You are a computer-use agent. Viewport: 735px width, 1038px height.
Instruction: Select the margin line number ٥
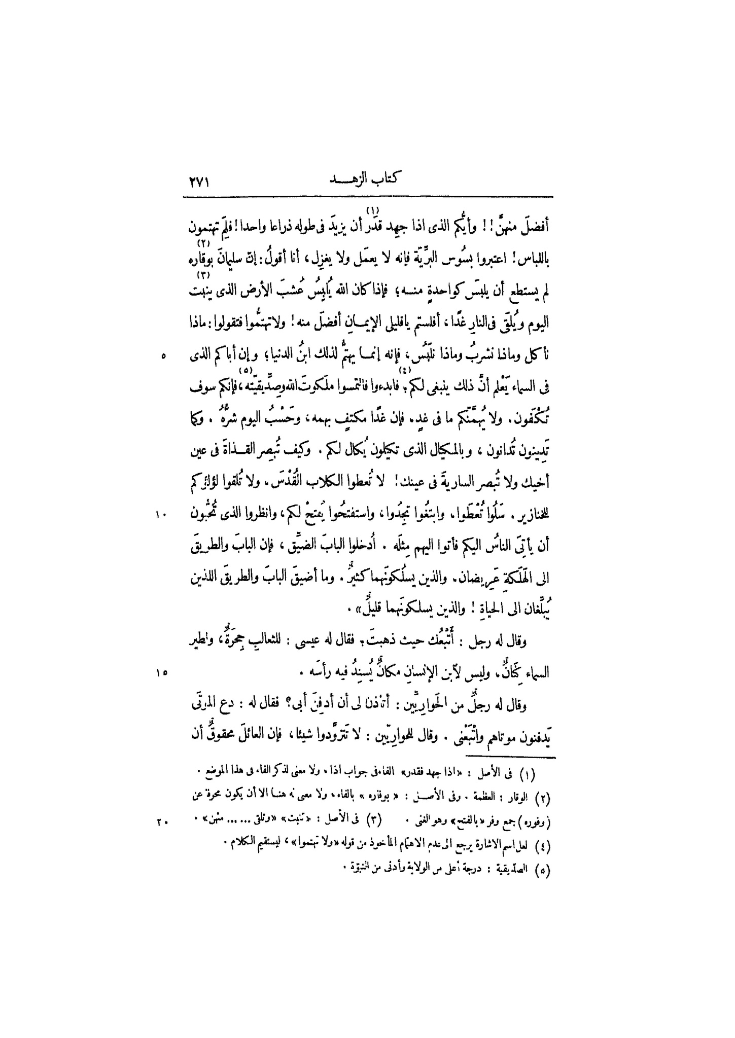(x=163, y=356)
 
